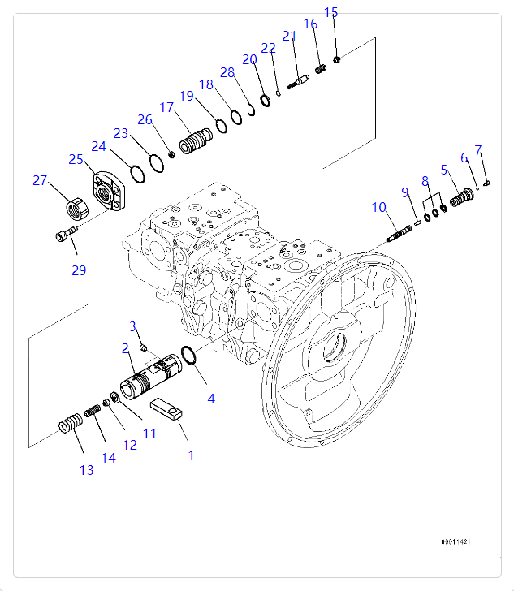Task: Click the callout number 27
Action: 40,180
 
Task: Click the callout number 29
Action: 78,270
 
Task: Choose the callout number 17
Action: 167,107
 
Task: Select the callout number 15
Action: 330,12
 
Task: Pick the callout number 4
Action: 211,399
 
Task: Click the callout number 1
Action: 192,455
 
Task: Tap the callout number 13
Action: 86,470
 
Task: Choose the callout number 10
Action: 379,208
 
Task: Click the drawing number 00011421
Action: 456,541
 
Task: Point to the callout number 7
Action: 478,150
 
